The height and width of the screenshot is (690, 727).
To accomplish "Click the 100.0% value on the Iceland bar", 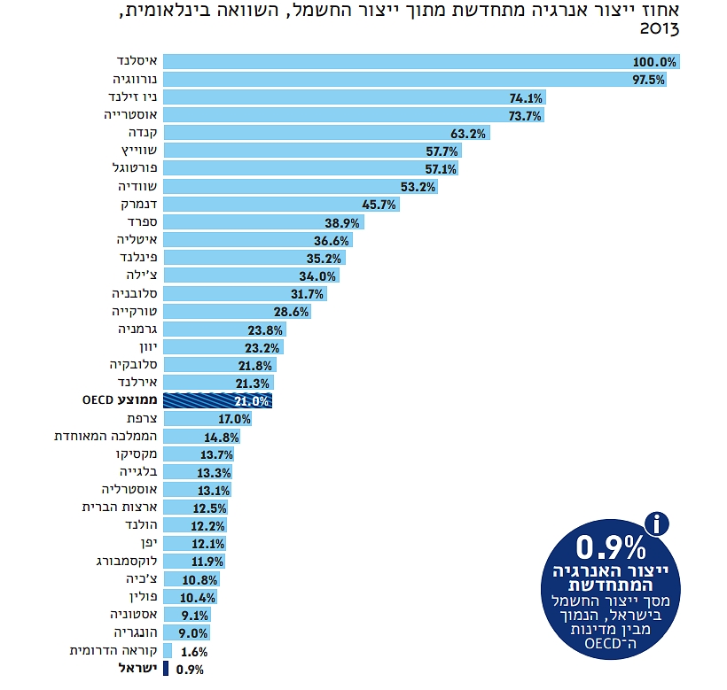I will [x=655, y=63].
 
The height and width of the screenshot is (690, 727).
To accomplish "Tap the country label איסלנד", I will [x=138, y=62].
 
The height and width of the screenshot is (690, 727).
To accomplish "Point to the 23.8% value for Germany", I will [x=266, y=329].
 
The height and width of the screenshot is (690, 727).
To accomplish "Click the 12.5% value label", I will [x=209, y=508].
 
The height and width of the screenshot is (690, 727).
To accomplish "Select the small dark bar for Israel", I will [x=166, y=669].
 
